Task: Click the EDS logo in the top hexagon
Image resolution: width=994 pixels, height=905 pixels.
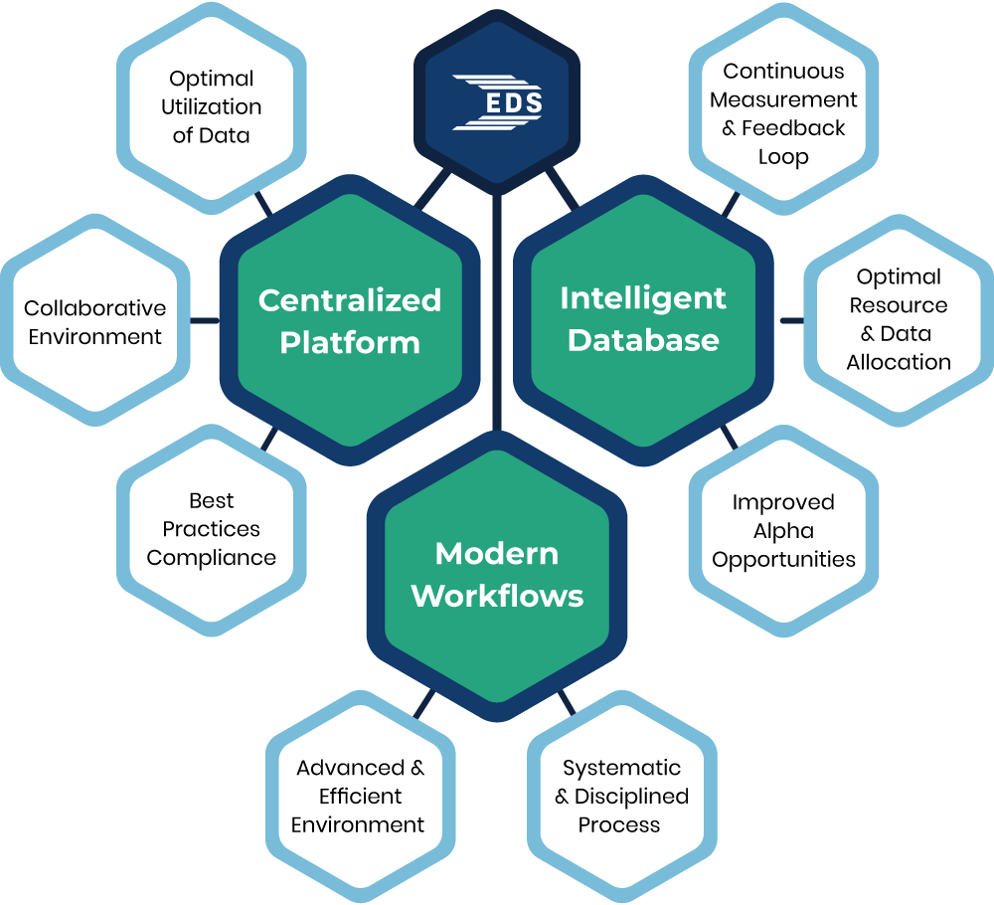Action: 497,101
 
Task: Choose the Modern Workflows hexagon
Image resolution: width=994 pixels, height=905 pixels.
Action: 497,574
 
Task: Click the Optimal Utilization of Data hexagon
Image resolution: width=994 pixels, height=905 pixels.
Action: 211,106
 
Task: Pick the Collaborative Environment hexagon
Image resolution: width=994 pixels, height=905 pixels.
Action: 94,321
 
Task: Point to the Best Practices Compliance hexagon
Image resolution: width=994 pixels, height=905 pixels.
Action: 211,529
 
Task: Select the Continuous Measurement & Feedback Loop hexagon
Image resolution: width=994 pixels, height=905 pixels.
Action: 783,113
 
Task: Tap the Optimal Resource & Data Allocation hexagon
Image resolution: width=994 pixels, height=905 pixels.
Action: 899,319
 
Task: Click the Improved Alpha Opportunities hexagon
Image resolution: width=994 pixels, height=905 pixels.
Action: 783,530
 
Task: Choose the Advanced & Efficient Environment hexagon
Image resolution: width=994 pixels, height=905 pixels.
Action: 360,796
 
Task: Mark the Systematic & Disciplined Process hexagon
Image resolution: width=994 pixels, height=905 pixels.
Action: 620,796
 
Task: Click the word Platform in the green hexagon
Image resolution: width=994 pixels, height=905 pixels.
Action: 350,343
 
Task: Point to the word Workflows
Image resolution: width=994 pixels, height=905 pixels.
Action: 497,596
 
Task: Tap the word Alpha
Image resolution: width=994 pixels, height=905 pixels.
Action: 783,531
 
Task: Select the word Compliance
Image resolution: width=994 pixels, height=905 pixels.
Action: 211,558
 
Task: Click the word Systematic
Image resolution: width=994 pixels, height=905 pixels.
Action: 621,768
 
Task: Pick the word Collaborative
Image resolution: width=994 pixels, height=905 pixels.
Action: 94,308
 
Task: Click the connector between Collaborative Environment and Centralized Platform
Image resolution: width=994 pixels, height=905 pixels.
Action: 204,321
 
